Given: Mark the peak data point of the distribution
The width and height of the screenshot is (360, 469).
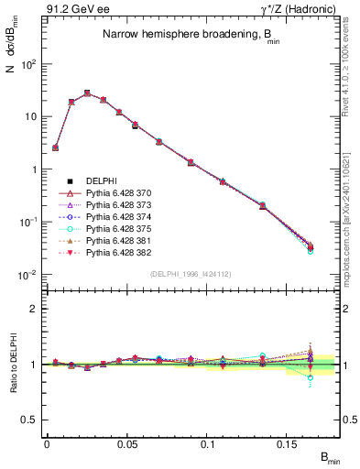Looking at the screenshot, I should pos(87,93).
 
